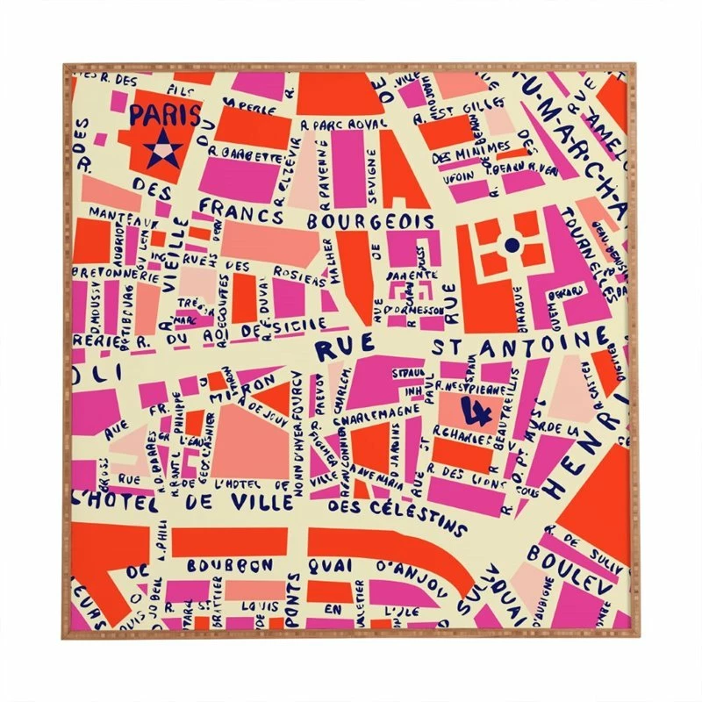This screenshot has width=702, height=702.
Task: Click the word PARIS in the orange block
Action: (164, 115)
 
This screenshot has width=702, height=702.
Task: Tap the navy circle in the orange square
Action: (510, 245)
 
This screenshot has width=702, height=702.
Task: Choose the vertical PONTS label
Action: (295, 597)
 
